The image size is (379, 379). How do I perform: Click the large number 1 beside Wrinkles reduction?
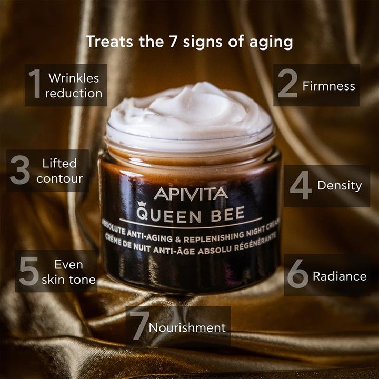point(35,85)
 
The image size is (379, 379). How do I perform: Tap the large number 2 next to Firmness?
point(287,85)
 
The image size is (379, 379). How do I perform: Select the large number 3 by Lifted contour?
point(20,171)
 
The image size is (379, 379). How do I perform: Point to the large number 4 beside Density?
point(301,185)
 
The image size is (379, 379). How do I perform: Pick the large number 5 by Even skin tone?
point(29,271)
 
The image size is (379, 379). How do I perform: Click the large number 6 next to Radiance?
point(297,275)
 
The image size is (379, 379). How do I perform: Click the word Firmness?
point(329,86)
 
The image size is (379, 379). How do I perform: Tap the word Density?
point(340,185)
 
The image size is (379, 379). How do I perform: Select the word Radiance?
point(340,276)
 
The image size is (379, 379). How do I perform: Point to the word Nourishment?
point(187,327)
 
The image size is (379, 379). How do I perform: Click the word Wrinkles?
point(74,78)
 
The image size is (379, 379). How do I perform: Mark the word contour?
point(59,178)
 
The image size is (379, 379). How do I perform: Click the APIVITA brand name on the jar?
point(191,193)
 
